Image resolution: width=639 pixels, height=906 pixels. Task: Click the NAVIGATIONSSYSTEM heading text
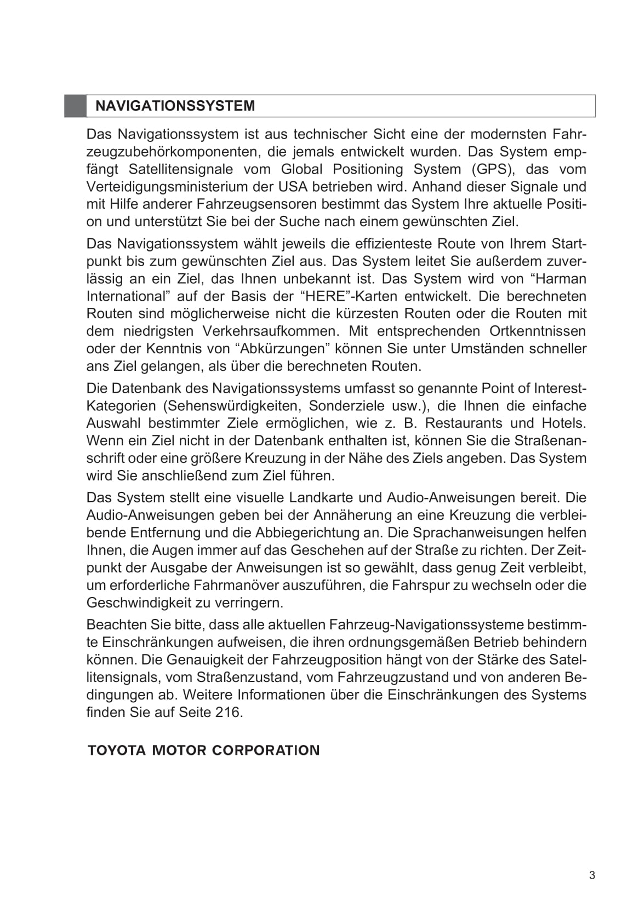(175, 106)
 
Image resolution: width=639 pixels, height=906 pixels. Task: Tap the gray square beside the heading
(75, 106)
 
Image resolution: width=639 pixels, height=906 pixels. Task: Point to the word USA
(293, 187)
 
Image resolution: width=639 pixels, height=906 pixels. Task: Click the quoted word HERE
(326, 296)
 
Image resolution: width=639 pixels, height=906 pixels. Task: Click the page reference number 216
(227, 713)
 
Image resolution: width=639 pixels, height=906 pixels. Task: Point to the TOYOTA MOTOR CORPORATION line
(203, 750)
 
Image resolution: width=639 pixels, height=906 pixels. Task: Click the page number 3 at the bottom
(592, 875)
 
